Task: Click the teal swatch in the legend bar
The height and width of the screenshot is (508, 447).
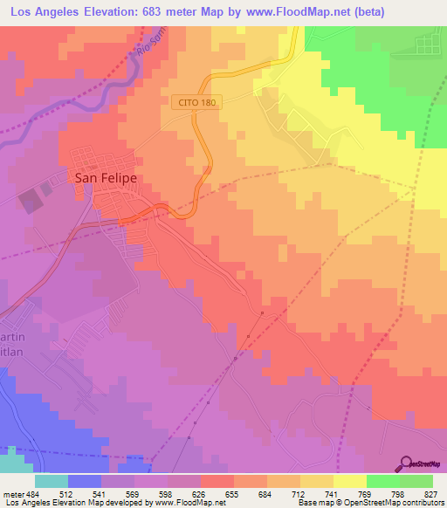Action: pyautogui.click(x=52, y=480)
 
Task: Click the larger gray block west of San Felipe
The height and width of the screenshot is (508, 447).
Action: pyautogui.click(x=31, y=202)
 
